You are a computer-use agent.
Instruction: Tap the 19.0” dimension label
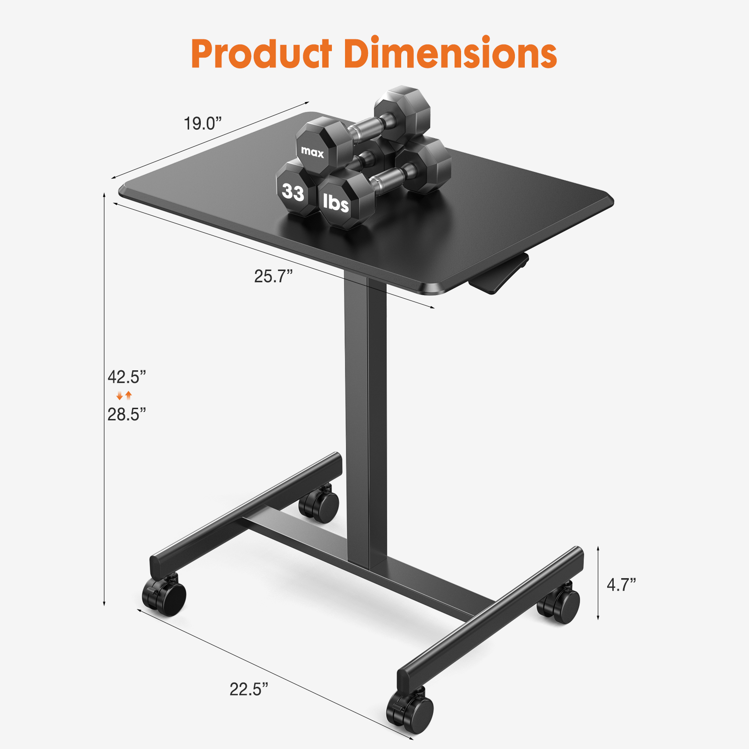(x=202, y=124)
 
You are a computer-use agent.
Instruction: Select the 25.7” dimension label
(x=273, y=276)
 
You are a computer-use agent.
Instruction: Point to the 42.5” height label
(x=126, y=377)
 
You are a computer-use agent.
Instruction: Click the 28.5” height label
(x=126, y=414)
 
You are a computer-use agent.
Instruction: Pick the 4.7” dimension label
(x=621, y=585)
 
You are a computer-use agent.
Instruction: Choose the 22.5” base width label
(x=249, y=689)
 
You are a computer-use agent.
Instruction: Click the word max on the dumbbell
(x=312, y=152)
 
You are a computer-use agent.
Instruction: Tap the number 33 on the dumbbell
(x=293, y=192)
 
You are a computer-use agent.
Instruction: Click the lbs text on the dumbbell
(x=336, y=203)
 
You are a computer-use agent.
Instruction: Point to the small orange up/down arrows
(x=124, y=396)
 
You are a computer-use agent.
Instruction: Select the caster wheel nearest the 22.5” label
(x=411, y=712)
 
